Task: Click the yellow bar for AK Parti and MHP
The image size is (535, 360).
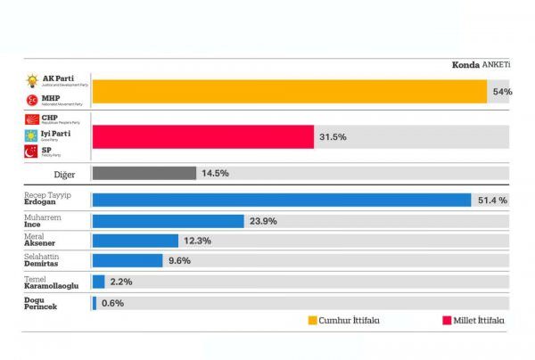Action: point(289,92)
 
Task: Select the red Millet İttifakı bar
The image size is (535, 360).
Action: point(203,136)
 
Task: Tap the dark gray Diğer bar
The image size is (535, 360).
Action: point(144,173)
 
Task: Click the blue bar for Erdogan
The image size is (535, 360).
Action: point(282,200)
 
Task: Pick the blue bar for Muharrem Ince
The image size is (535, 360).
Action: point(168,220)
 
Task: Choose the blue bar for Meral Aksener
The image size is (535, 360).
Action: point(136,241)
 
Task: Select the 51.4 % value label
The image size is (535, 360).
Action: point(490,200)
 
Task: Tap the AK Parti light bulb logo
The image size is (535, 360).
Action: point(32,81)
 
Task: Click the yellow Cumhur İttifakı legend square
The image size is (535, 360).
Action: point(313,320)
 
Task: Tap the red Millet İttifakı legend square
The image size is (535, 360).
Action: point(447,320)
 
